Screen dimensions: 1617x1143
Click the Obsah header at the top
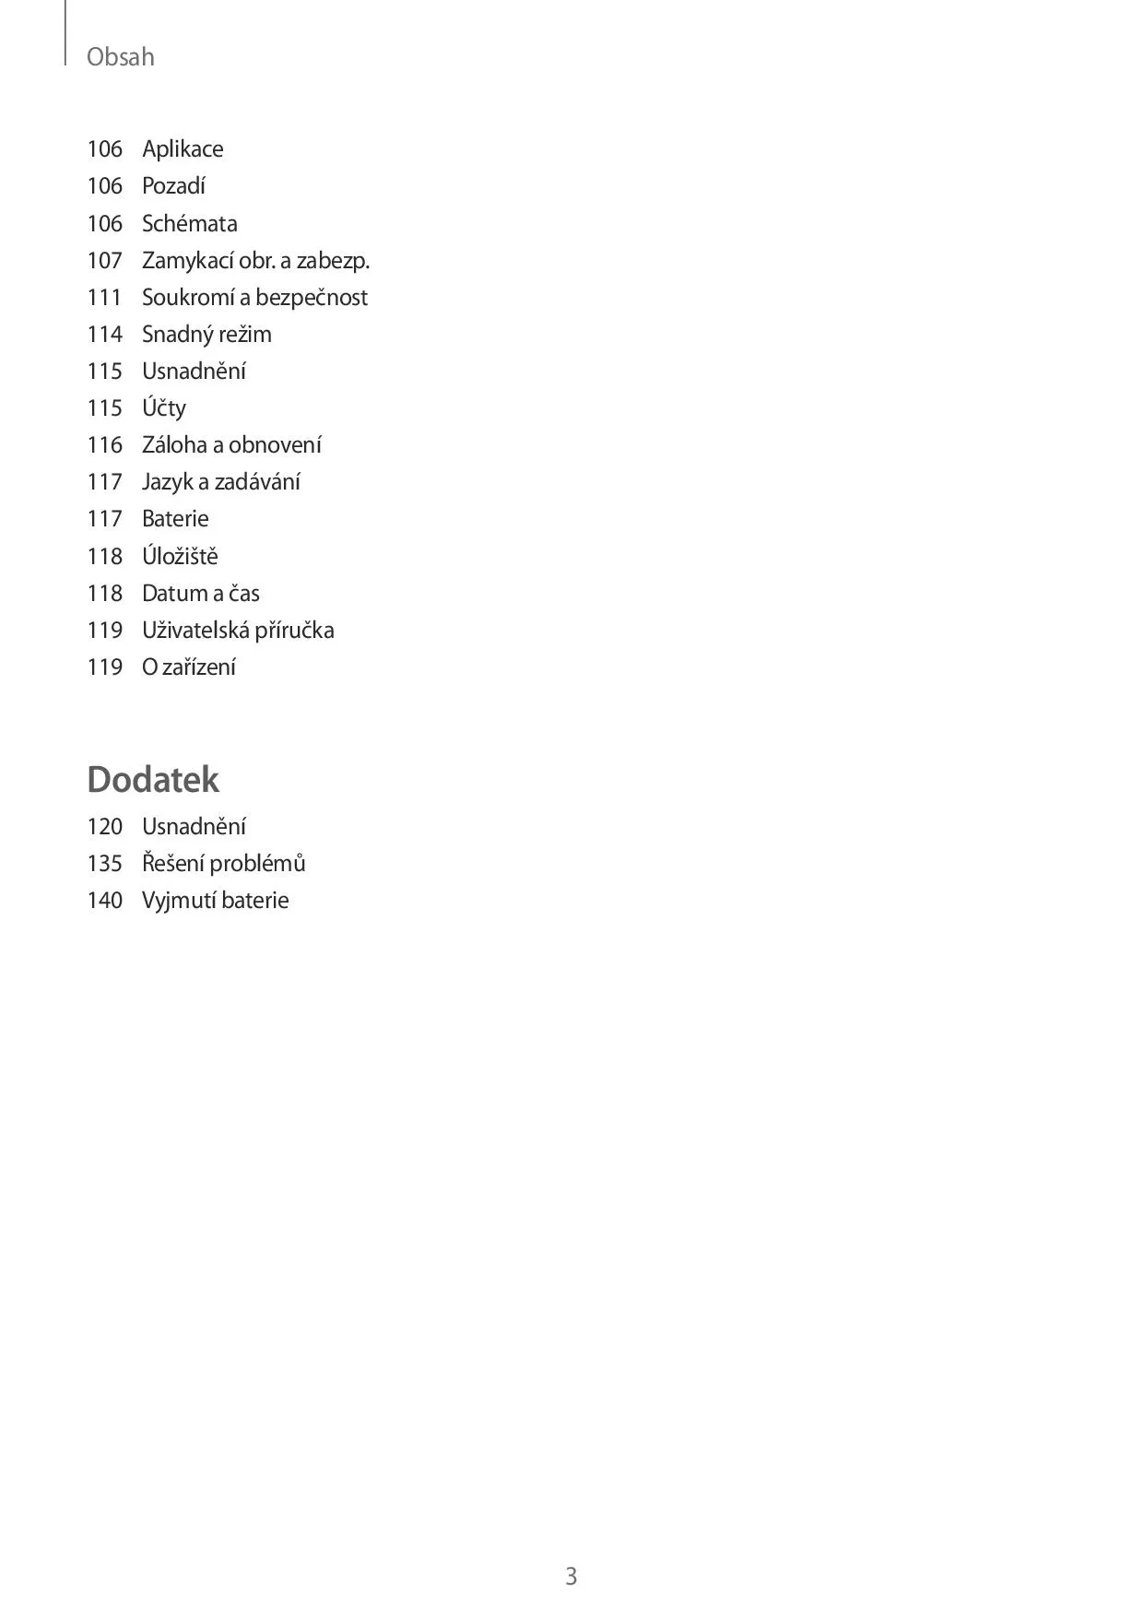(120, 57)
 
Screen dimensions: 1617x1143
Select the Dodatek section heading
(153, 779)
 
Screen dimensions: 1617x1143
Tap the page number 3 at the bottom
(571, 1576)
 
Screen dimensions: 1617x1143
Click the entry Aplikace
(183, 149)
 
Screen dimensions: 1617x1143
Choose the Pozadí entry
(173, 186)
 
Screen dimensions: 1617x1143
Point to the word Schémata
(189, 223)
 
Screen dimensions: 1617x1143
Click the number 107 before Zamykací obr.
(105, 261)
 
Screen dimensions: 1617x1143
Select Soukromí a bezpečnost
(254, 298)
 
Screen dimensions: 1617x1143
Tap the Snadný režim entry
(206, 335)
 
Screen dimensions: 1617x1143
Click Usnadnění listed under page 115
(194, 372)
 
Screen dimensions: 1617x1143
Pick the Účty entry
(164, 408)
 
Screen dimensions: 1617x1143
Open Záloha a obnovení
(231, 445)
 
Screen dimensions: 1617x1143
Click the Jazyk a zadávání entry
(221, 482)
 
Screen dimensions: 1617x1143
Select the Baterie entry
(175, 519)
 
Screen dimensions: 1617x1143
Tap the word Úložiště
(180, 556)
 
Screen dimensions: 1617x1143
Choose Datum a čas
(201, 593)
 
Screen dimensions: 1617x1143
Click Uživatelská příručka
(238, 631)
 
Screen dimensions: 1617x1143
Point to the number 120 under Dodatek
(105, 827)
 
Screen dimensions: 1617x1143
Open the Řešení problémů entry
(223, 864)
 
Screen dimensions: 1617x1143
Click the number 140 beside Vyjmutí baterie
(105, 901)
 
